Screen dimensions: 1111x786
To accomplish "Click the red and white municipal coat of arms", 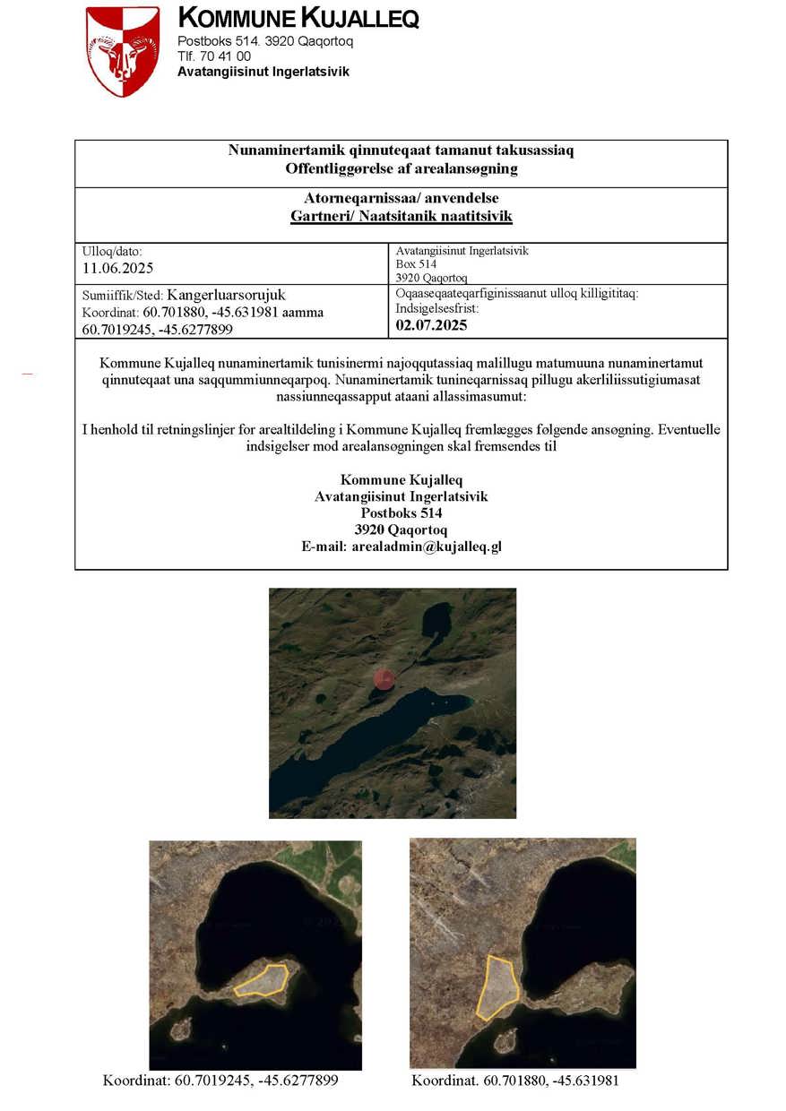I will (x=123, y=50).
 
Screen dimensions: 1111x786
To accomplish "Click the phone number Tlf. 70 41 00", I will (x=214, y=56).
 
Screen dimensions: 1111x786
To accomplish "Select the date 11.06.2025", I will (x=118, y=268).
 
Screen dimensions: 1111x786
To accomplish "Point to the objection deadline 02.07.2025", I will (x=431, y=325).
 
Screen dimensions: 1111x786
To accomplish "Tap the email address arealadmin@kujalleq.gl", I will (x=401, y=547).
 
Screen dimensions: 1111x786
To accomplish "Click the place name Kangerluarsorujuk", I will (x=226, y=295).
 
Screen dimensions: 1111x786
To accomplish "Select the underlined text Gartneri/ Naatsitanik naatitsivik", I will (x=401, y=216).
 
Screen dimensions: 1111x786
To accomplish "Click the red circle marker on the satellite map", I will (x=384, y=679).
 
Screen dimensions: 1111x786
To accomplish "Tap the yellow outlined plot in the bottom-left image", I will (x=262, y=978).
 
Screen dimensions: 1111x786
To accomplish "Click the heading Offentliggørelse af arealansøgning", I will (x=401, y=168).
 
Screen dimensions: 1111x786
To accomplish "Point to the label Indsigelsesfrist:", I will (x=437, y=308).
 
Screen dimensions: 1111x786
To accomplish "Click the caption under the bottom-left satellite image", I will (x=220, y=1081).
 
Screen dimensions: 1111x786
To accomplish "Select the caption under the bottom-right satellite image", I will (x=514, y=1081).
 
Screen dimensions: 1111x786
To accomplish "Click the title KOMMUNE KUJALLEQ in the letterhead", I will (x=298, y=18).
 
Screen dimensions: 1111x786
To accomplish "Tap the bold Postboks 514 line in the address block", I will (x=401, y=513).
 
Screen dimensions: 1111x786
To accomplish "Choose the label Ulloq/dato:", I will (x=112, y=252).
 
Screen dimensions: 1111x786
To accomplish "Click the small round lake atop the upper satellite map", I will (x=437, y=616).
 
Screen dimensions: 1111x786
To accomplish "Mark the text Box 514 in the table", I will (x=416, y=264).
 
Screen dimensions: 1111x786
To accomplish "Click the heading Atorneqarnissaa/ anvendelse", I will (x=401, y=198).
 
